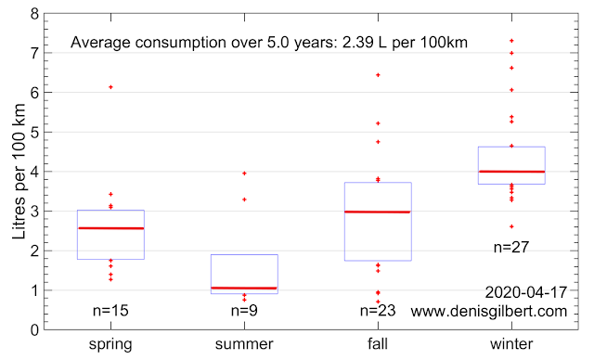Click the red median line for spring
click(x=110, y=228)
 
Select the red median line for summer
click(x=244, y=288)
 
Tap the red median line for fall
click(x=378, y=212)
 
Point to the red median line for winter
click(x=511, y=172)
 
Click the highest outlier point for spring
click(x=111, y=87)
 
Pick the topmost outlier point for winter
click(x=511, y=41)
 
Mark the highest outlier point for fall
click(x=378, y=75)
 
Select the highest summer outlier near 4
click(x=244, y=174)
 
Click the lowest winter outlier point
click(x=511, y=226)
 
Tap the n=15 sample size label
click(x=110, y=311)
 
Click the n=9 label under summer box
click(x=244, y=311)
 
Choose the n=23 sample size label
click(x=378, y=311)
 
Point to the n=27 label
click(x=511, y=247)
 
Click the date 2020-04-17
click(x=526, y=292)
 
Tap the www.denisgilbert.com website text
click(x=489, y=311)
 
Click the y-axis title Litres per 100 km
click(x=19, y=171)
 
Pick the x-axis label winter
click(x=511, y=344)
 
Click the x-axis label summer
click(x=244, y=344)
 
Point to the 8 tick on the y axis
click(x=34, y=14)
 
